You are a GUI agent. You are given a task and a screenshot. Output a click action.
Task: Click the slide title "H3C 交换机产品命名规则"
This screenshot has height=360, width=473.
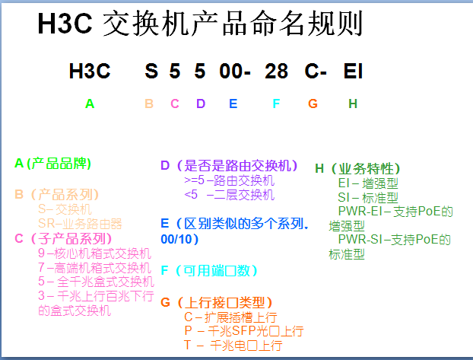200,24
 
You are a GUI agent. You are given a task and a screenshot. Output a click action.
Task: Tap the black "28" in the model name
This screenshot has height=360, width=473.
276,72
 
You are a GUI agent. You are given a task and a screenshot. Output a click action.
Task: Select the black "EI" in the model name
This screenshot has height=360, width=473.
353,72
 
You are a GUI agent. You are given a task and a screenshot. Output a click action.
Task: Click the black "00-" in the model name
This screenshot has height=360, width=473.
235,72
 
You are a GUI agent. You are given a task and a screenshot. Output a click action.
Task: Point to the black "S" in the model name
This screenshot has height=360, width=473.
151,72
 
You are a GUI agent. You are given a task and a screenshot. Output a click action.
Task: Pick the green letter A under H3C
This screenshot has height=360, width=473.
90,104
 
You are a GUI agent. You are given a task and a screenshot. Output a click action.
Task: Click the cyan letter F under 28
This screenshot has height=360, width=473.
276,104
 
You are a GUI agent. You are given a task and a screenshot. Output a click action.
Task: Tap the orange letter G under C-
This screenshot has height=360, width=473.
313,104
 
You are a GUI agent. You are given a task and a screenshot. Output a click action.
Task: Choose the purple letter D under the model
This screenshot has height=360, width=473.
201,104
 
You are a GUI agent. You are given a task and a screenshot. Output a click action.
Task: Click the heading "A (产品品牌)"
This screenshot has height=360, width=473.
52,164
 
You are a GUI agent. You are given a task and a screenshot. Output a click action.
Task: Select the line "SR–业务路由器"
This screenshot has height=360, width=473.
80,224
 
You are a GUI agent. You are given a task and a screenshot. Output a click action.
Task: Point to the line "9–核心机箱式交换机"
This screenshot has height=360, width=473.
94,253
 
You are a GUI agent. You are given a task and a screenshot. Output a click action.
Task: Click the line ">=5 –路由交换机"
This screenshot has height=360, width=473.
229,180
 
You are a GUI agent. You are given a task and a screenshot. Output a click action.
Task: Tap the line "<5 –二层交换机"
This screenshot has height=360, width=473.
229,195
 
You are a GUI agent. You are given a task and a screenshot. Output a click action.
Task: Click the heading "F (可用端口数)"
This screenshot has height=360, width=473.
209,271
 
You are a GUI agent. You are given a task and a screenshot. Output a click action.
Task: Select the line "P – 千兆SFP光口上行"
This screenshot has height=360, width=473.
244,331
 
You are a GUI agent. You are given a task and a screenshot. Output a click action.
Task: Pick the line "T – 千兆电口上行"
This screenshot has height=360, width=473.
233,346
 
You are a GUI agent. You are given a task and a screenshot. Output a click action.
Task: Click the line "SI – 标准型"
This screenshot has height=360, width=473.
368,198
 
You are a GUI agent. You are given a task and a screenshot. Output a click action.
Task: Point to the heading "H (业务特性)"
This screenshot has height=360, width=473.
357,168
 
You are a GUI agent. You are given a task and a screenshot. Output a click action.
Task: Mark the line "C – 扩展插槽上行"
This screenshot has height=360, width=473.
230,317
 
